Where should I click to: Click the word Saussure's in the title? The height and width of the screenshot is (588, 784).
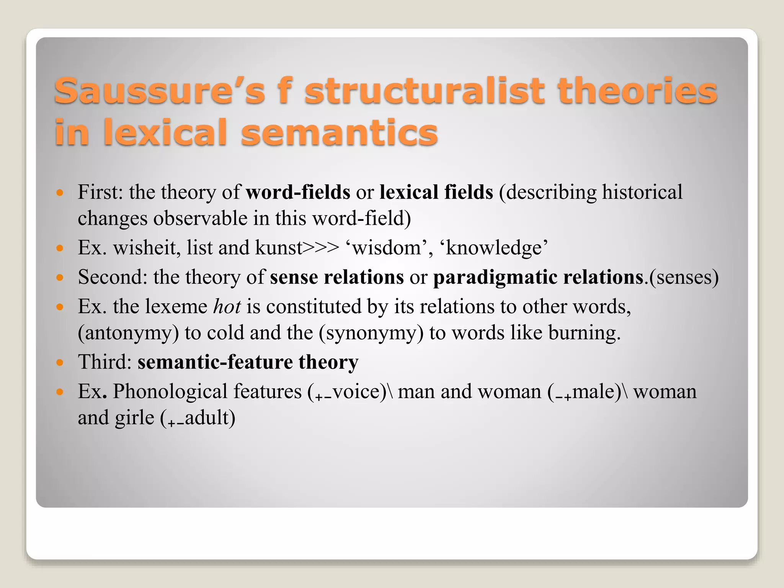pyautogui.click(x=159, y=91)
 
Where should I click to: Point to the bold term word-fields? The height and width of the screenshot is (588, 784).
pyautogui.click(x=298, y=192)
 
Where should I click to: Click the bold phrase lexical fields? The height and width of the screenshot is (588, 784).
pyautogui.click(x=436, y=192)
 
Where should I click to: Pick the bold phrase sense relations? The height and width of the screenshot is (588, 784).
pyautogui.click(x=336, y=277)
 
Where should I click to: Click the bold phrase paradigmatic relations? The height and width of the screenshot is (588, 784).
pyautogui.click(x=538, y=277)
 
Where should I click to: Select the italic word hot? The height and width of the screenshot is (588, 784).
pyautogui.click(x=227, y=307)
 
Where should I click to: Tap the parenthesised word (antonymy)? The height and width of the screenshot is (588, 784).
pyautogui.click(x=128, y=333)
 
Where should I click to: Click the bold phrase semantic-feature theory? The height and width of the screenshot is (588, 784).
pyautogui.click(x=248, y=362)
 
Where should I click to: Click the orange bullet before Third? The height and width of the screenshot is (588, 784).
pyautogui.click(x=59, y=362)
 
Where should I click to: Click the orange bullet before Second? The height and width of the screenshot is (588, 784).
pyautogui.click(x=59, y=277)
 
